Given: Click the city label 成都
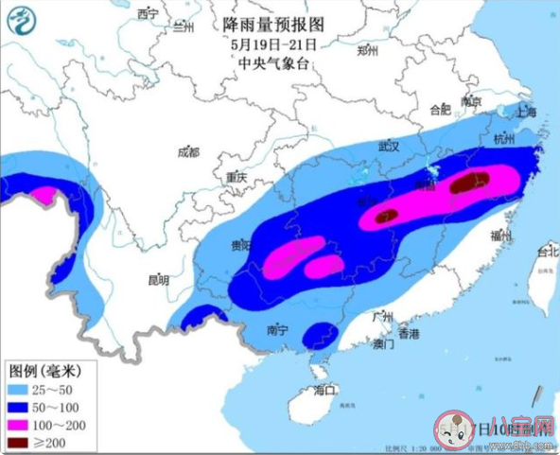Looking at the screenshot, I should click(188, 151).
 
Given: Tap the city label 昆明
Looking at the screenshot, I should click(157, 280).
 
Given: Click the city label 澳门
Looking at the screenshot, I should click(383, 345).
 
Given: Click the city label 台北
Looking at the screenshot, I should click(547, 253).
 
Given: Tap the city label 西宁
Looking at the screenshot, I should click(148, 13).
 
